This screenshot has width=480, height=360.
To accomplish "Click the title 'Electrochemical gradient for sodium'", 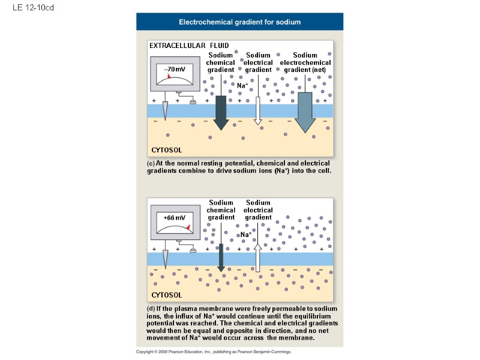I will point(240,22).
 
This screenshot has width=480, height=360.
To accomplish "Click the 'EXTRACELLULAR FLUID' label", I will point(189,46).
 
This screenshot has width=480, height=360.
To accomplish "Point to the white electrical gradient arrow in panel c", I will point(258,111).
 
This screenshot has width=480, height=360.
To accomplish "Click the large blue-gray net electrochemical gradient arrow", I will point(305,112).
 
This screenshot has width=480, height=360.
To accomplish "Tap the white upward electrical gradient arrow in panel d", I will point(258,258).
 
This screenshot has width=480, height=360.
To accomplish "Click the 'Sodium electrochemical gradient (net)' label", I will point(305,62).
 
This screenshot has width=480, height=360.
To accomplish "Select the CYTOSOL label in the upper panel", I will point(166,150).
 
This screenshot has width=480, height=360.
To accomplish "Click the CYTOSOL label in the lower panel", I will point(166,295).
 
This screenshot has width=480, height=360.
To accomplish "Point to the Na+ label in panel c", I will point(242,86).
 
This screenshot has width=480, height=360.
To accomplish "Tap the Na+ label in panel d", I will point(245,235).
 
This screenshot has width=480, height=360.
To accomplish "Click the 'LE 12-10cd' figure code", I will point(29,7).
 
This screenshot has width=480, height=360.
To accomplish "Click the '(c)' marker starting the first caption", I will point(151,163).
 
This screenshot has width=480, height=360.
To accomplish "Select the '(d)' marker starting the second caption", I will point(151,308).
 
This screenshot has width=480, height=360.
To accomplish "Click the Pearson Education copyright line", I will point(214,352).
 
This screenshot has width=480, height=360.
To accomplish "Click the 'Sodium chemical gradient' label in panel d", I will point(221,210).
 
